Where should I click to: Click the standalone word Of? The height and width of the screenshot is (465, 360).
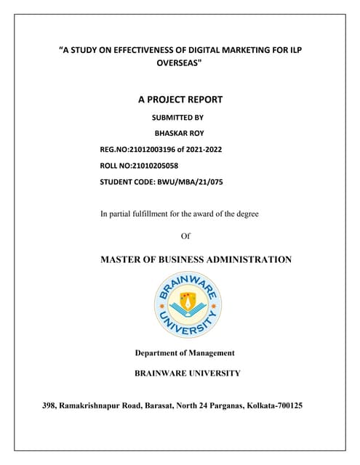[185, 236]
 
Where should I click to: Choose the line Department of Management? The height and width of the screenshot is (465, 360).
[185, 353]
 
